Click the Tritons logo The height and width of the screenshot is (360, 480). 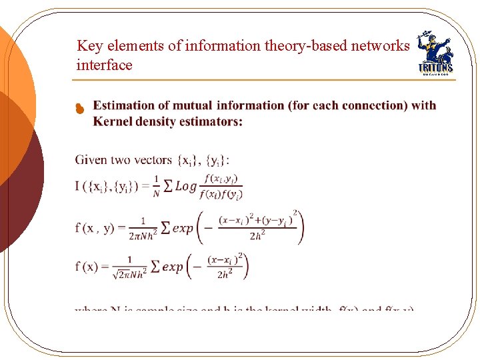(x=434, y=53)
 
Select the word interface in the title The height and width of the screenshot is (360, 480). (x=105, y=65)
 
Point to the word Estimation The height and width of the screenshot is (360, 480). (x=123, y=105)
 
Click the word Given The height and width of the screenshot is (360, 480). (x=92, y=160)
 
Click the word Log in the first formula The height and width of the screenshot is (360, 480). (x=186, y=187)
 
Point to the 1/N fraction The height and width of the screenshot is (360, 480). (x=157, y=186)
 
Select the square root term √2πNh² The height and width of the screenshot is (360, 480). (x=128, y=273)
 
